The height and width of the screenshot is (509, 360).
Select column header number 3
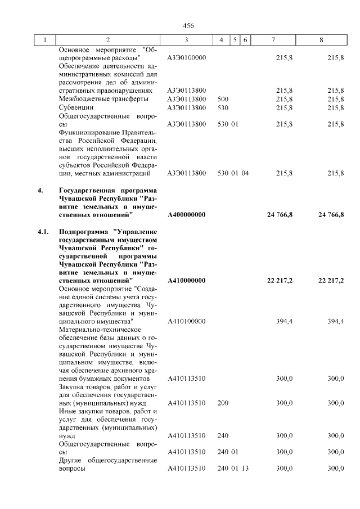coord(186,40)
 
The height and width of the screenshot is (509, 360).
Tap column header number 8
coord(321,40)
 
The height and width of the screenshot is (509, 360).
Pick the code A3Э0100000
coord(187,58)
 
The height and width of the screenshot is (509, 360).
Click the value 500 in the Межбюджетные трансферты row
coord(222,99)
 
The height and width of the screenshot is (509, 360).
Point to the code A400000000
coord(187,215)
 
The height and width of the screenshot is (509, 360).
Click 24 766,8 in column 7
coord(279,215)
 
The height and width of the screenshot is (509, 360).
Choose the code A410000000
coord(187,280)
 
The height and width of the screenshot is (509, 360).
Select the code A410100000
coord(187,321)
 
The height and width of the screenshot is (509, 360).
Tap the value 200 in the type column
coord(222,403)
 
